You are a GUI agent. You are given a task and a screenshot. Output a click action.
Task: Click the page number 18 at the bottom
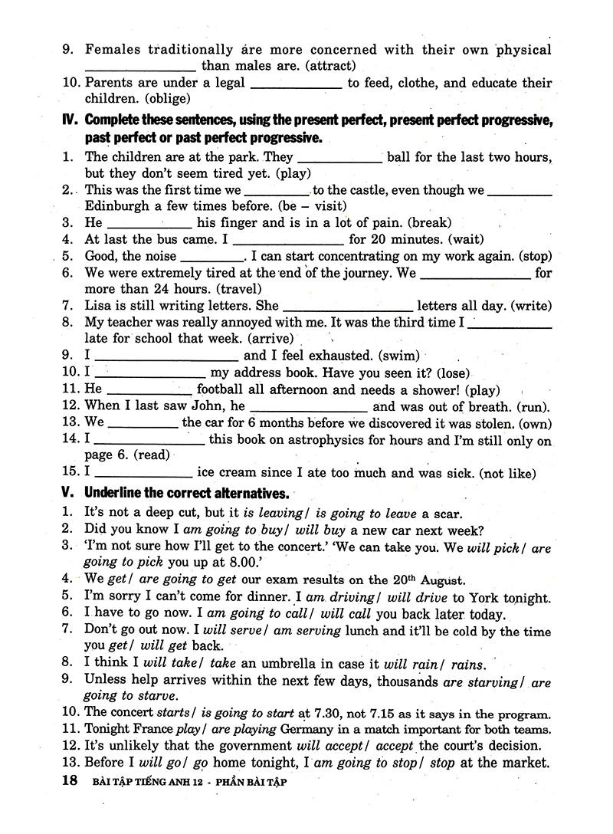coord(69,781)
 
